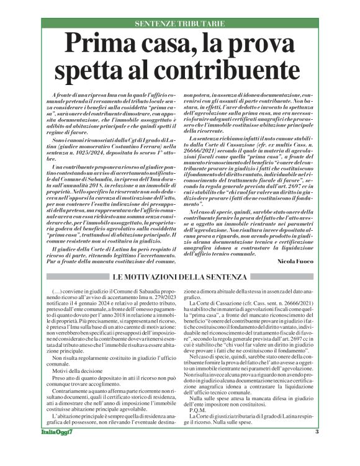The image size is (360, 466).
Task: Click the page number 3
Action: pos(315,449)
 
